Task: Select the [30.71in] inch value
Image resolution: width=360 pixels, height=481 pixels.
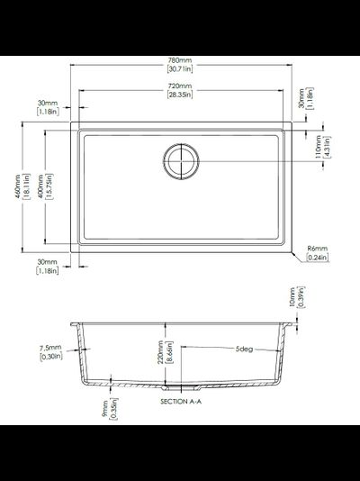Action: (x=184, y=70)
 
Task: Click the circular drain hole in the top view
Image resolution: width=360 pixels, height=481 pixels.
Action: (x=184, y=159)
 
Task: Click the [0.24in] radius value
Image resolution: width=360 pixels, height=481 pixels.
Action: (x=317, y=258)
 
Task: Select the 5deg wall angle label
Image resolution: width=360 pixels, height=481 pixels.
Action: (x=244, y=348)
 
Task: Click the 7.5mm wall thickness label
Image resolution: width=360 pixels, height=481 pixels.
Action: (x=50, y=348)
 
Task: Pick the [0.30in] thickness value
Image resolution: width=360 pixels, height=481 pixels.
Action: (x=50, y=357)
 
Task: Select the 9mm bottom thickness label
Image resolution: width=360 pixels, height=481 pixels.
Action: (x=104, y=410)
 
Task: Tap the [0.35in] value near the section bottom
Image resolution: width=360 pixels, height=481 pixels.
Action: (x=115, y=410)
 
